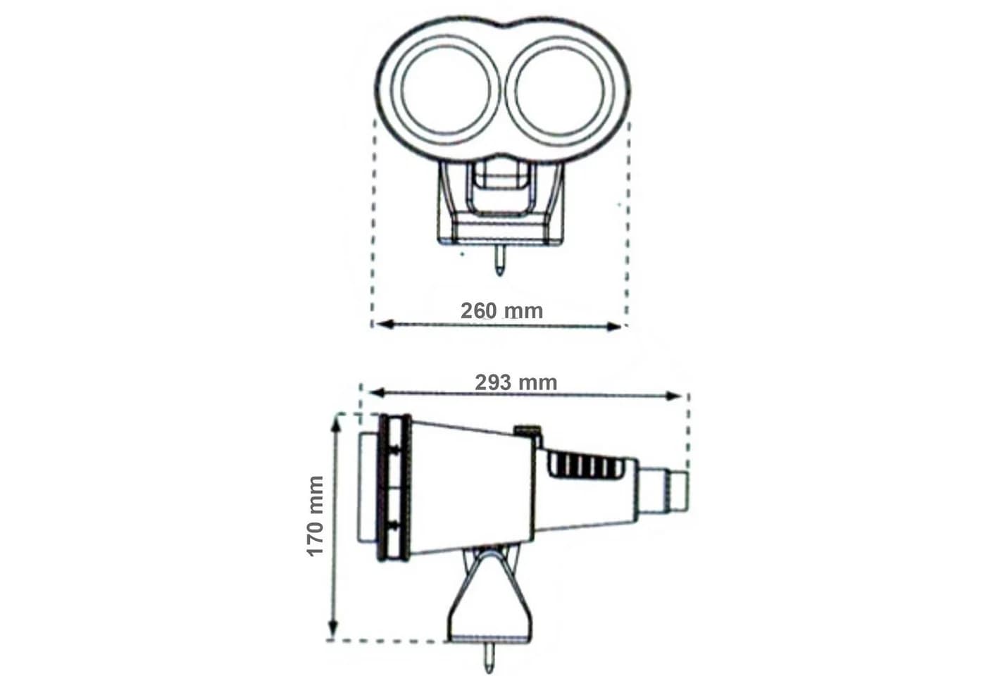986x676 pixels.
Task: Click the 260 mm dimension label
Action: pos(501,311)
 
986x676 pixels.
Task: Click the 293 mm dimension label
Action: pos(516,382)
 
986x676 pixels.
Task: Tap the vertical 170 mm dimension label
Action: pos(316,516)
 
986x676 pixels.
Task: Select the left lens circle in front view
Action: pos(446,90)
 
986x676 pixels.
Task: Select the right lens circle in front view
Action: pos(559,90)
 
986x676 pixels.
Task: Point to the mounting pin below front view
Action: pos(499,260)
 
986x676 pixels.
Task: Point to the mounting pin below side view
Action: pos(489,657)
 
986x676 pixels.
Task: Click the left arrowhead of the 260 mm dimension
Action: pos(384,325)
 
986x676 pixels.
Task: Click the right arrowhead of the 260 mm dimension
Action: pos(614,326)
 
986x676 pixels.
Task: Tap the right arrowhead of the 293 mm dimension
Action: pos(673,396)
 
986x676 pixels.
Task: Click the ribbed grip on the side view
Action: pos(585,466)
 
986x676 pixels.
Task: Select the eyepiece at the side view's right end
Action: pos(663,489)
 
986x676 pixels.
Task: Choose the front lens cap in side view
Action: pos(368,487)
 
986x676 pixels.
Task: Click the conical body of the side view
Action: pos(473,487)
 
